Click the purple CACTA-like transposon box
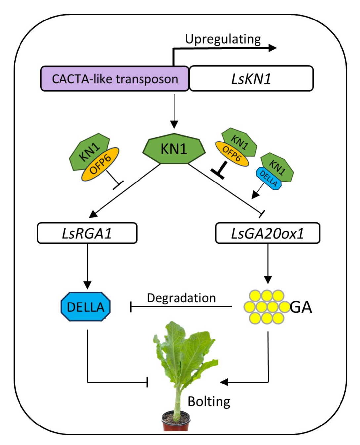115,79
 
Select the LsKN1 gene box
251,79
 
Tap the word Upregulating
223,39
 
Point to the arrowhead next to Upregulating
273,48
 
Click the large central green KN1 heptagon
174,149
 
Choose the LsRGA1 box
87,233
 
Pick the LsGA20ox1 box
267,233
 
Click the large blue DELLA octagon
86,307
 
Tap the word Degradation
181,298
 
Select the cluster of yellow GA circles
266,307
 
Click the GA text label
301,307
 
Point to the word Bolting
209,401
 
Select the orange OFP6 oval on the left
100,164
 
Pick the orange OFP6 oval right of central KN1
232,154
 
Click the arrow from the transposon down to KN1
174,111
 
